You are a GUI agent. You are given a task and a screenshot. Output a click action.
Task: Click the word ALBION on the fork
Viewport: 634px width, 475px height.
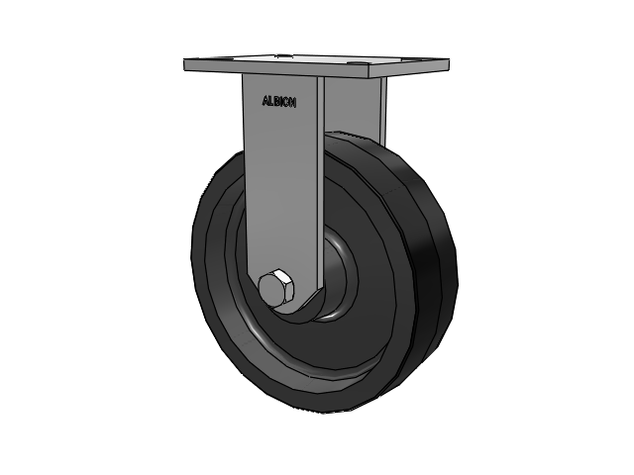pyautogui.click(x=279, y=101)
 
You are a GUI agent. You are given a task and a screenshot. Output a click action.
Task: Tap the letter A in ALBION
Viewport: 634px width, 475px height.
pyautogui.click(x=265, y=100)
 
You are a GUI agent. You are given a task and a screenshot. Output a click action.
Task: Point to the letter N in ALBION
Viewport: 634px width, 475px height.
pyautogui.click(x=293, y=103)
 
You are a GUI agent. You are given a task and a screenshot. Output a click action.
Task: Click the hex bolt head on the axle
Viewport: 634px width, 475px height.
pyautogui.click(x=275, y=287)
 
